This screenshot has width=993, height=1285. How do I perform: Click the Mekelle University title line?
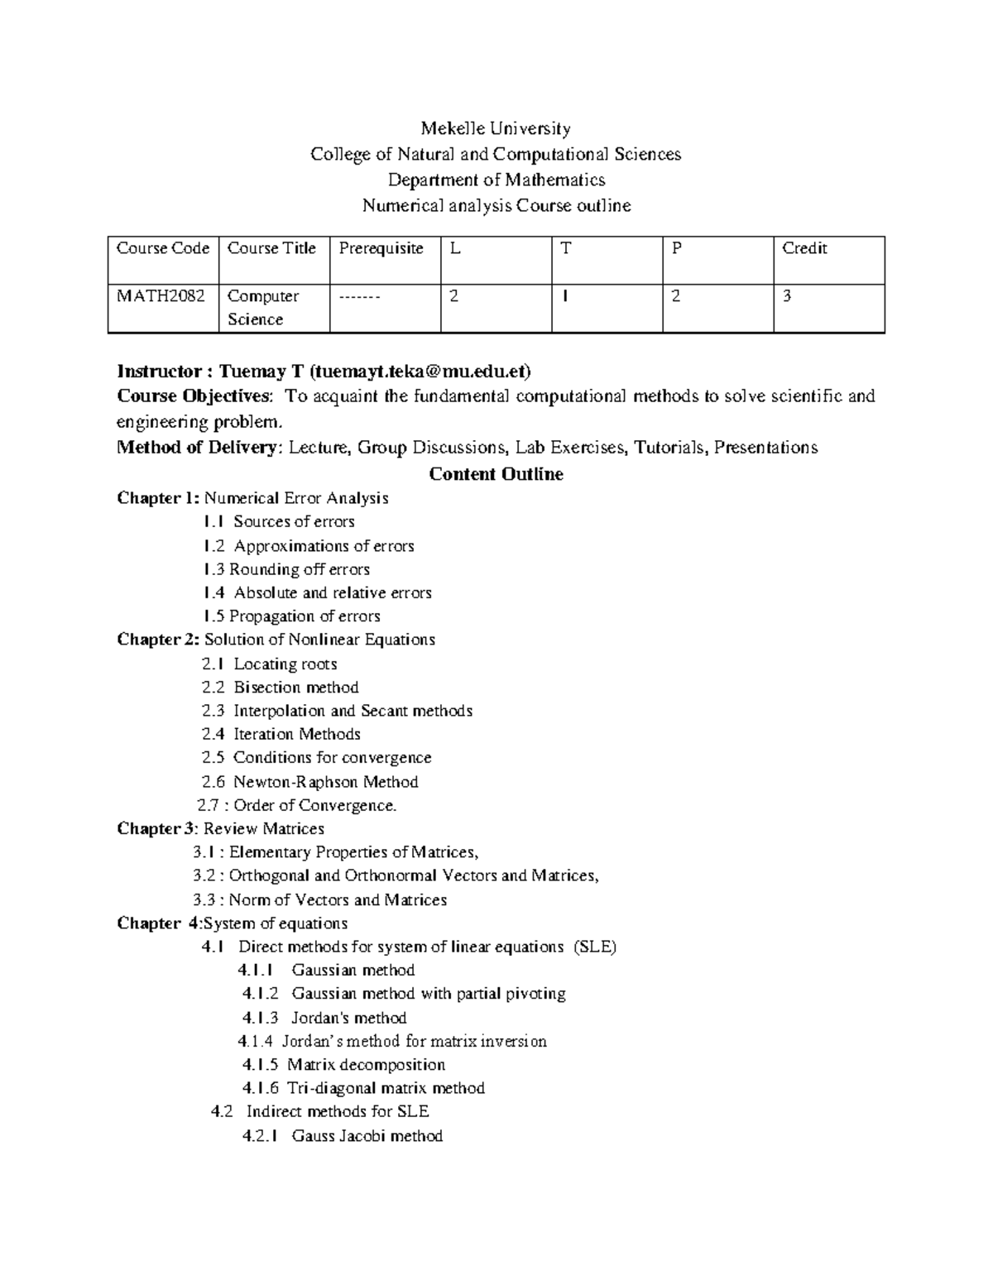coord(496,128)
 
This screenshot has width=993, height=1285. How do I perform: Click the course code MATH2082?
coord(161,296)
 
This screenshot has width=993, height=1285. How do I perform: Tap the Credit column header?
coord(804,248)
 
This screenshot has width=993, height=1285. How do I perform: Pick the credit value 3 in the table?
coord(787,296)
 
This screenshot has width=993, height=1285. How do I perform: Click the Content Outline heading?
coord(496,474)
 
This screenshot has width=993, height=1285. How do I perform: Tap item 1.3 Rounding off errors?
coord(286,569)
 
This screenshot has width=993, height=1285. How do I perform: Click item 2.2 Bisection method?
coord(280,688)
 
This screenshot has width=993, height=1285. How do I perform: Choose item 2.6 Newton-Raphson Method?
coord(309,782)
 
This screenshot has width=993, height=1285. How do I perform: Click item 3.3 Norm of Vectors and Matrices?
coord(319,900)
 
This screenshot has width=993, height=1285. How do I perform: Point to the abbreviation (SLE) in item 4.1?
coord(595,947)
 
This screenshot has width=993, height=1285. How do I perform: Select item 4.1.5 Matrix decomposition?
coord(343,1065)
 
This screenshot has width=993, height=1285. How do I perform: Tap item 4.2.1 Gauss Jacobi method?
coord(343,1136)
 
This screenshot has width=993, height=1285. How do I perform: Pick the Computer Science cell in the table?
coord(263,308)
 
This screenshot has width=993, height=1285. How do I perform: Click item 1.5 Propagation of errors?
coord(291,616)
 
